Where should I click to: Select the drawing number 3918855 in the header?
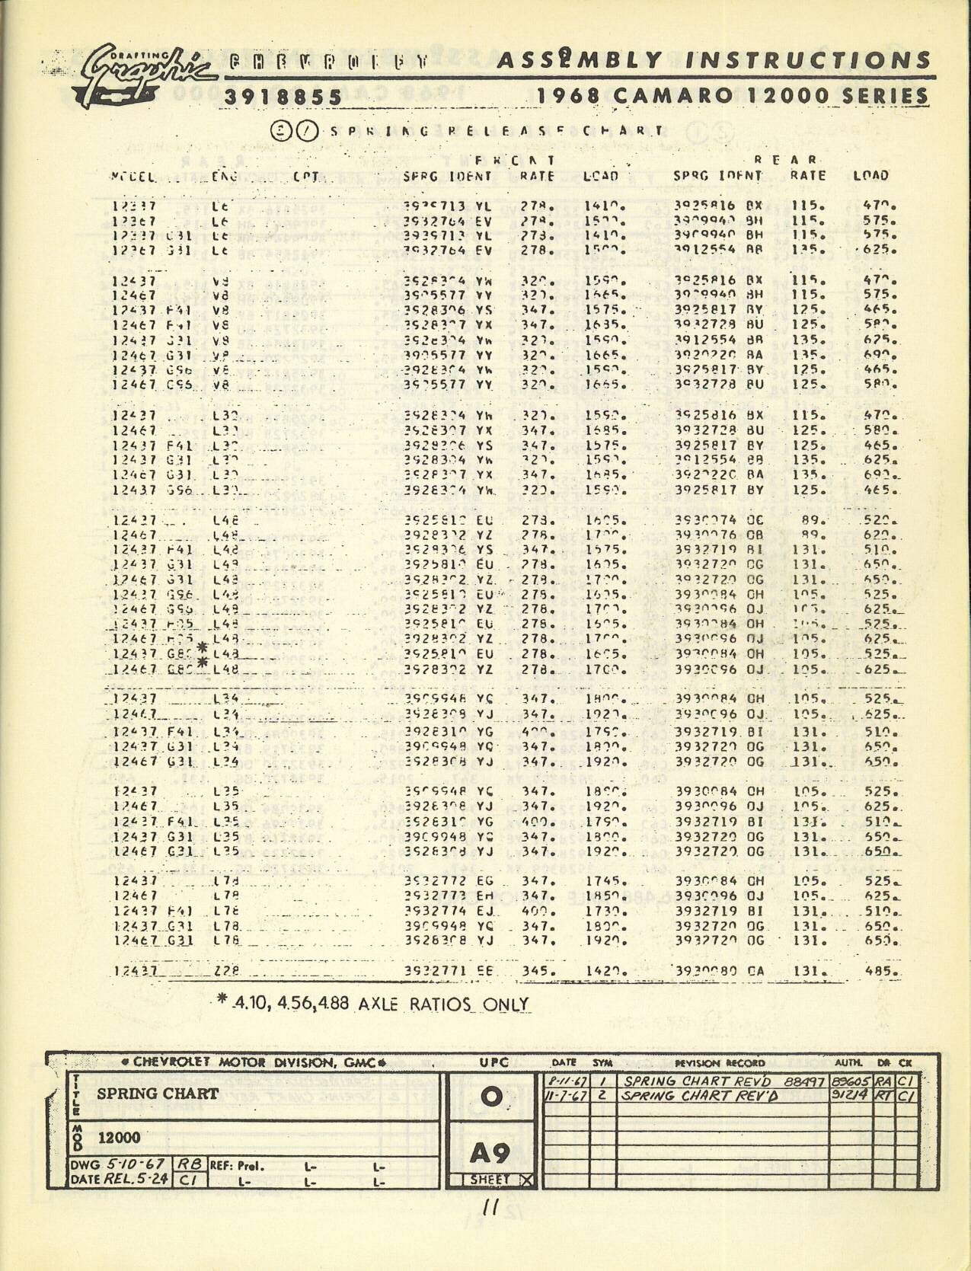tap(283, 97)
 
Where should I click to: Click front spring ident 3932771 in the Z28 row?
tap(437, 971)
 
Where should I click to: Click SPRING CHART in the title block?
tap(158, 1094)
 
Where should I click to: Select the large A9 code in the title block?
tap(490, 1154)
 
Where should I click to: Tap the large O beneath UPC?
tap(491, 1096)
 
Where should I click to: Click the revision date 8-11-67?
tap(567, 1081)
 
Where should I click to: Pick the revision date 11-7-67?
tap(566, 1096)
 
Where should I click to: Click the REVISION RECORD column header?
tap(719, 1062)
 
